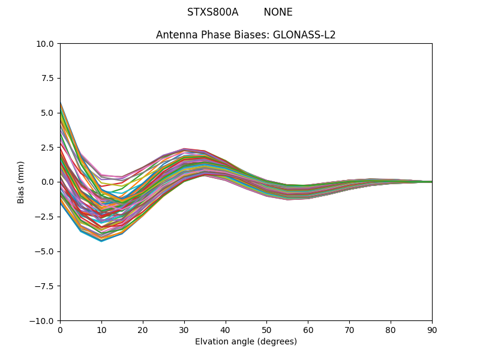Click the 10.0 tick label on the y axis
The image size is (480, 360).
click(x=47, y=44)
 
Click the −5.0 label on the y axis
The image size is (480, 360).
click(x=47, y=251)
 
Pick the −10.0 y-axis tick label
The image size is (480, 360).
click(x=44, y=321)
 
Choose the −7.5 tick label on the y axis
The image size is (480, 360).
click(x=47, y=286)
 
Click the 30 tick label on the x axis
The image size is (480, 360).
click(x=184, y=330)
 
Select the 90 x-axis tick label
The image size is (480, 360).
click(x=432, y=330)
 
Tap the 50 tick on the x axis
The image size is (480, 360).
click(x=266, y=330)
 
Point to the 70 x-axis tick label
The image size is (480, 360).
click(x=349, y=330)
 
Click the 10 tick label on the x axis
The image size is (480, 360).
click(x=101, y=330)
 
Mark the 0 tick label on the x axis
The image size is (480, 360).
click(x=60, y=330)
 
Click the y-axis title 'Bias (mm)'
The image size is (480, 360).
click(x=21, y=182)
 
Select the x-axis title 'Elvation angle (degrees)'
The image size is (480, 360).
click(x=246, y=342)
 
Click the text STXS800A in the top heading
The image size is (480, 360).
click(x=212, y=12)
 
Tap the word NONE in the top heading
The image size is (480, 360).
click(x=278, y=12)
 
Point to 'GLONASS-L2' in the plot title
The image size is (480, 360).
click(x=304, y=35)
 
